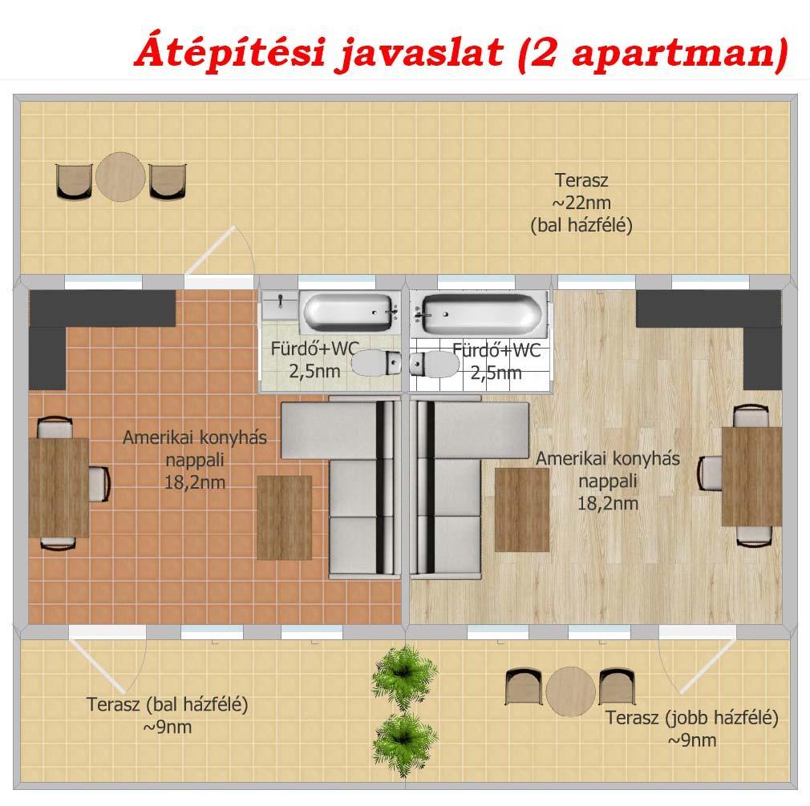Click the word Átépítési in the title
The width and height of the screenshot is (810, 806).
(230, 50)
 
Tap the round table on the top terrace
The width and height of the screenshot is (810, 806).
(120, 177)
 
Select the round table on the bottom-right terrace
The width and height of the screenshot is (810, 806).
(570, 691)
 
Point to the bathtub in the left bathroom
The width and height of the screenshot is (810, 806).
(350, 312)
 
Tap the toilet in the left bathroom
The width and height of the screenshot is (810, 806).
(376, 363)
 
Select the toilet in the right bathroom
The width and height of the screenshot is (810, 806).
(435, 364)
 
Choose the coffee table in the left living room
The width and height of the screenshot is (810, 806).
(285, 518)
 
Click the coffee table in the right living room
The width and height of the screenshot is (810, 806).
(522, 510)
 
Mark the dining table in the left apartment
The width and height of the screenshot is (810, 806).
(59, 488)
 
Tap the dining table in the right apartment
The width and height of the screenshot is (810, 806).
(751, 476)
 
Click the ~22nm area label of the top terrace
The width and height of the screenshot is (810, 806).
(581, 203)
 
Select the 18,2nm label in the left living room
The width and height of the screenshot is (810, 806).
(195, 482)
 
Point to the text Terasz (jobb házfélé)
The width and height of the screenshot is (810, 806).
(691, 718)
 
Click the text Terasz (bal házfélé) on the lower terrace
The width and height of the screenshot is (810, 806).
(167, 704)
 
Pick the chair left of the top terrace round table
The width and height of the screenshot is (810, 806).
(74, 181)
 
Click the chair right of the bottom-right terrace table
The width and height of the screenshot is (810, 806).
(617, 687)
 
